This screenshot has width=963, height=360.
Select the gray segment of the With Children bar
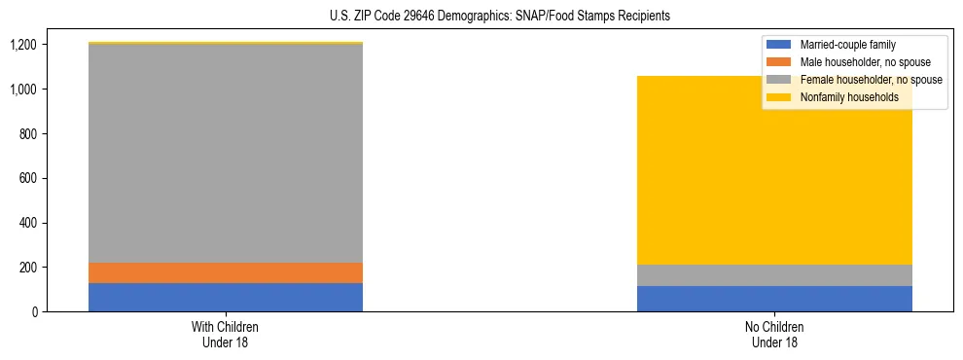tap(226, 153)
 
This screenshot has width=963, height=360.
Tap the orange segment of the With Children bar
tap(226, 272)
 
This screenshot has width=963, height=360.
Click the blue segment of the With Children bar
tap(226, 297)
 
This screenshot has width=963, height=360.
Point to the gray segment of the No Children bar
tap(774, 275)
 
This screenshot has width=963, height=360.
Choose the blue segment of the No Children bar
tap(774, 299)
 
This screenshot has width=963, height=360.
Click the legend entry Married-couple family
tap(846, 45)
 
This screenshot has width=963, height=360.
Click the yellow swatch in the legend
tap(779, 97)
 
